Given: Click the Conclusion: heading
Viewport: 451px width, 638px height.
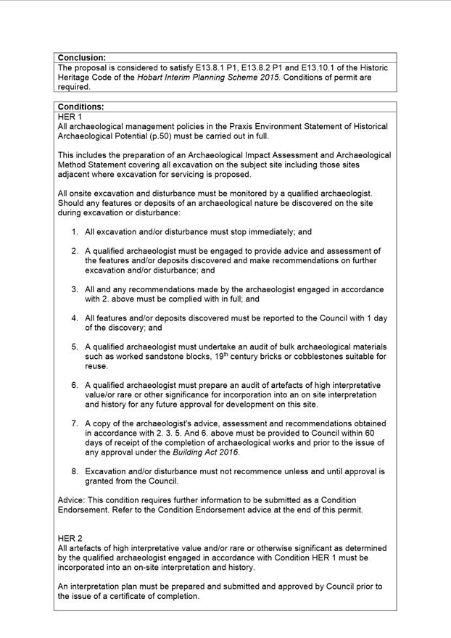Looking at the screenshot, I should [81, 57].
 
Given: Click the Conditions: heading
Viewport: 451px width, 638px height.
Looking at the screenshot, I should [80, 107].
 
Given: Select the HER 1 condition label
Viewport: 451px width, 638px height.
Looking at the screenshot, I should [70, 117].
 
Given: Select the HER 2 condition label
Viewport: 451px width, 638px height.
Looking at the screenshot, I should [70, 539].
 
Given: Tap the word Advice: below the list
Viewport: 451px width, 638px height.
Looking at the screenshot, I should [73, 500].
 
